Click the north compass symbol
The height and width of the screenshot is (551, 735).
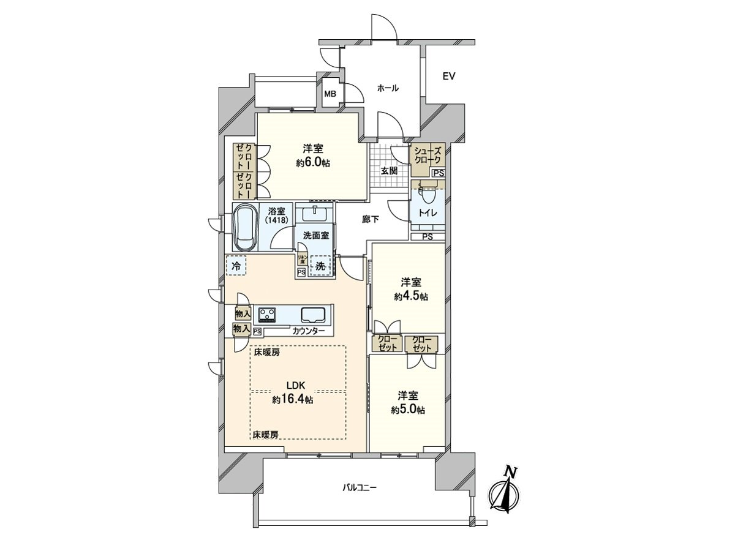[505, 493]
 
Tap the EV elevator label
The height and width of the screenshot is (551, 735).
[448, 77]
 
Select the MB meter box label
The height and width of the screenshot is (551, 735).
[330, 94]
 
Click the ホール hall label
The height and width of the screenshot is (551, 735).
[388, 88]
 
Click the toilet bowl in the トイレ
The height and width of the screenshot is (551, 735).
[427, 198]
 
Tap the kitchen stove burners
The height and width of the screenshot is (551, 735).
[267, 315]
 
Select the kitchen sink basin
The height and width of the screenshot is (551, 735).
[314, 315]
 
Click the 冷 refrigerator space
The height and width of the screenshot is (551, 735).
[236, 265]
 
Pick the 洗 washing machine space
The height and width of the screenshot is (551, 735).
[320, 266]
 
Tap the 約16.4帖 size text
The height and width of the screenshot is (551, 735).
[293, 400]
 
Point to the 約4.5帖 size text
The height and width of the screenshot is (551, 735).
[410, 296]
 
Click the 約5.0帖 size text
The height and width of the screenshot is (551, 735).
[408, 410]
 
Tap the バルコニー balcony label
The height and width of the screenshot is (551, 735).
[360, 488]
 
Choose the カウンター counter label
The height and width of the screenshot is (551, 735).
[309, 331]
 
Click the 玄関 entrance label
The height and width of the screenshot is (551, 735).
[389, 171]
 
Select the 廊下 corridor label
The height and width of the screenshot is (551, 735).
[370, 219]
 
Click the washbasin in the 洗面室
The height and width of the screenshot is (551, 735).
[314, 212]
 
